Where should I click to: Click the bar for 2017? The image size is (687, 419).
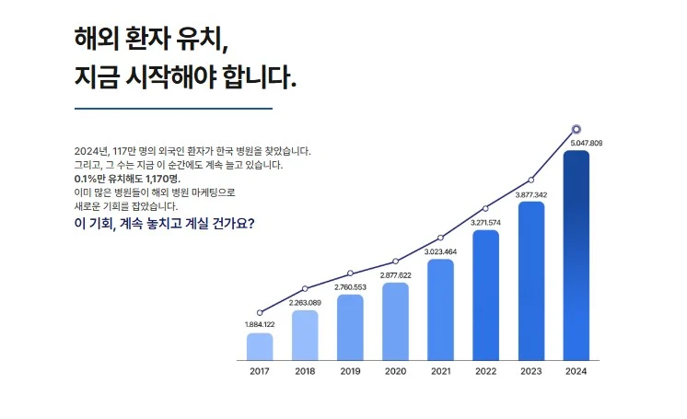(260, 345)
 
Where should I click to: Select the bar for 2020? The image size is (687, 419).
(395, 320)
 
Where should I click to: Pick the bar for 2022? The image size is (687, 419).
(485, 295)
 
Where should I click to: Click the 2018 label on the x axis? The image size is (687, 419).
(305, 371)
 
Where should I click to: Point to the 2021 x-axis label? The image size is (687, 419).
(440, 371)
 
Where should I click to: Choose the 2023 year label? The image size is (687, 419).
(530, 371)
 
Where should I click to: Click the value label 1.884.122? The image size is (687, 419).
(260, 325)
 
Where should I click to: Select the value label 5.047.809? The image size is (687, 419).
(586, 144)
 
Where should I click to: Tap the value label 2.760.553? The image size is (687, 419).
(350, 287)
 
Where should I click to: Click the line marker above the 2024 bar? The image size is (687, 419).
(576, 130)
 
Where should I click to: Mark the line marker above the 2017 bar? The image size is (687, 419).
(260, 313)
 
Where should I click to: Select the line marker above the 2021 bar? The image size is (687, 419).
(440, 238)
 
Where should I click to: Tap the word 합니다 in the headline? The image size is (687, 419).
(260, 78)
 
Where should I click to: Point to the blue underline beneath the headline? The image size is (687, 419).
(173, 109)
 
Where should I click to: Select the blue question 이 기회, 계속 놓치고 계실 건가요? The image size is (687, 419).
(164, 224)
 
